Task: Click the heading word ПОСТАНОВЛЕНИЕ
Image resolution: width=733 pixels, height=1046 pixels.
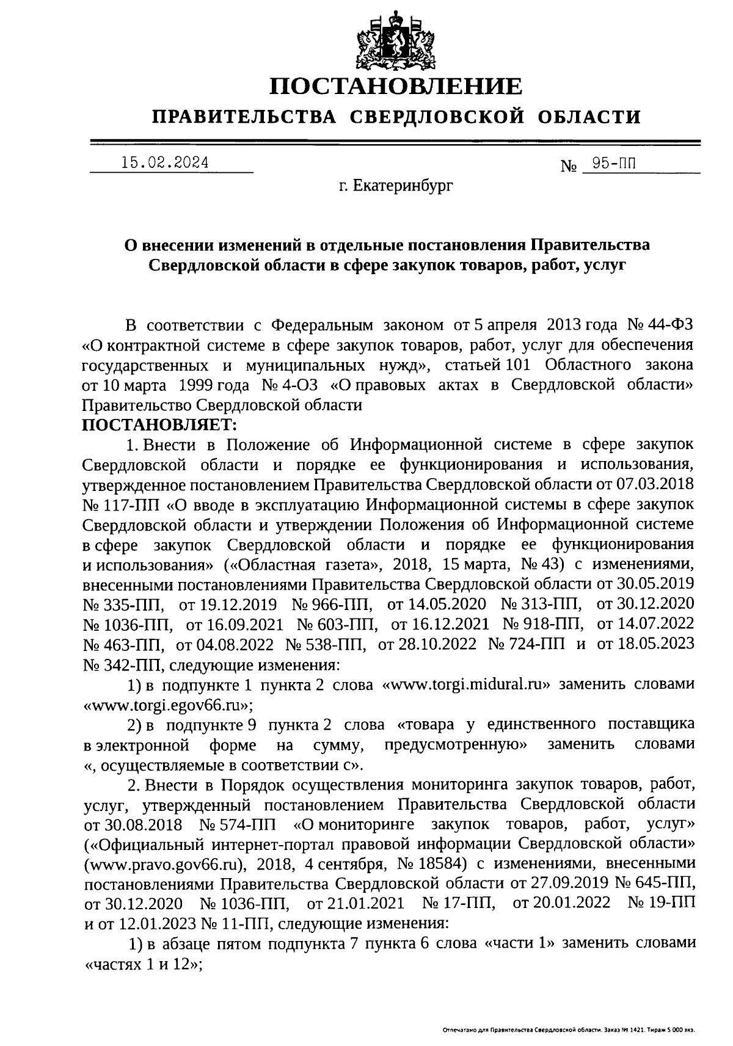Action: click(396, 86)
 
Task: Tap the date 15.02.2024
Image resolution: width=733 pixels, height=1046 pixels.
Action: click(164, 163)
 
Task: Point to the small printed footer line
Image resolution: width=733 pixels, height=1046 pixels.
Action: click(569, 1030)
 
